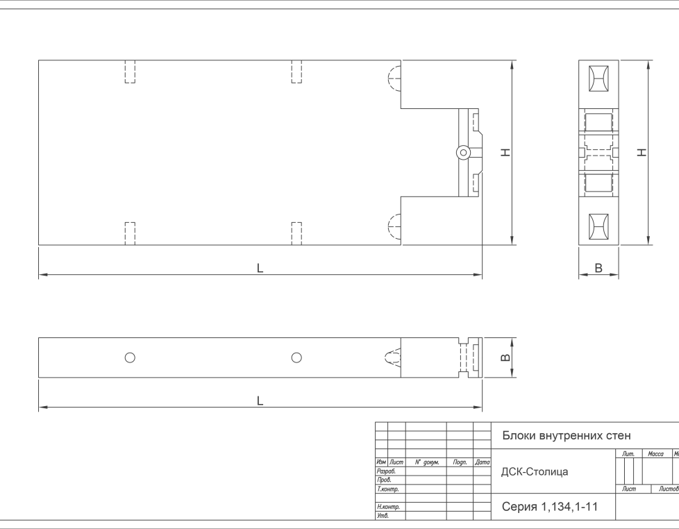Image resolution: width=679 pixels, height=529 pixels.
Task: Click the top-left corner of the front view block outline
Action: (39, 60)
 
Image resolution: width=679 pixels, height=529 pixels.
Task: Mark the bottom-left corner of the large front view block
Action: (39, 245)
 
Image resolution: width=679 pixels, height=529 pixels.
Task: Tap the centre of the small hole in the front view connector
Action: (463, 152)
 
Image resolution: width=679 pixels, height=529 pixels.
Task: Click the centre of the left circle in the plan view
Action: (130, 358)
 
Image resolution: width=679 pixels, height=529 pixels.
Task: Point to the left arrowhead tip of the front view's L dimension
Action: (39, 274)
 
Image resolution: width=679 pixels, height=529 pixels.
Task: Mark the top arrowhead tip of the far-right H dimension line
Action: (648, 60)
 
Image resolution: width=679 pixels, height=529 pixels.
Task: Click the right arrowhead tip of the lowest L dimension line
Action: (482, 408)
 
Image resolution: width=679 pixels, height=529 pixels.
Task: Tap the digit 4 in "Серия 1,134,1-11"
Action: (564, 507)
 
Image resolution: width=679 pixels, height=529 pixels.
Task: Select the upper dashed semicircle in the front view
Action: (394, 78)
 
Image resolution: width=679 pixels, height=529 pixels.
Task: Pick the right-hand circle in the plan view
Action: (296, 358)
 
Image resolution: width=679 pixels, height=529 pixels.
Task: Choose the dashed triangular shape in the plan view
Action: (393, 358)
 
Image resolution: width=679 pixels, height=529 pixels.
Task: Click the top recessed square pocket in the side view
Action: (598, 78)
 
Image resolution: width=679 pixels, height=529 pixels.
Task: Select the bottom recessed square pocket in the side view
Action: (598, 226)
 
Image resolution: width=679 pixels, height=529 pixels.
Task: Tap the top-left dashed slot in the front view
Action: (130, 72)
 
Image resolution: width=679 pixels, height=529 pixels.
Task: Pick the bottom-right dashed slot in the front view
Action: (296, 234)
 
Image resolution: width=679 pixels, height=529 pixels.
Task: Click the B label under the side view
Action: (598, 268)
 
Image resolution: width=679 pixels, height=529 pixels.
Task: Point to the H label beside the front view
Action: (505, 152)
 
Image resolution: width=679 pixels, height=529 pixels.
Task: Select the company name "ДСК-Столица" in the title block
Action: (535, 472)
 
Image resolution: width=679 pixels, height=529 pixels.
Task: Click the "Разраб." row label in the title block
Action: (386, 471)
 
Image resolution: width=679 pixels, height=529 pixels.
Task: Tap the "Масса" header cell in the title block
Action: (655, 453)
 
